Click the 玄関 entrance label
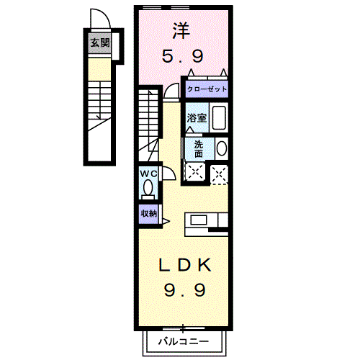pyautogui.click(x=100, y=43)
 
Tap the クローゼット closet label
pyautogui.click(x=207, y=89)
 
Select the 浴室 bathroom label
pyautogui.click(x=197, y=118)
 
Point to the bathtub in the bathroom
pyautogui.click(x=220, y=118)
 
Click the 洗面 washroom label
pyautogui.click(x=199, y=148)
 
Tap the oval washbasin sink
pyautogui.click(x=222, y=149)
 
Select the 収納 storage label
pyautogui.click(x=148, y=213)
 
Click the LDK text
pyautogui.click(x=185, y=265)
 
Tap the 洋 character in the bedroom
pyautogui.click(x=182, y=31)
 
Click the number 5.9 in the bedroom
pyautogui.click(x=182, y=55)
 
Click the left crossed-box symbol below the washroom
pyautogui.click(x=194, y=172)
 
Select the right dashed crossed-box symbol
pyautogui.click(x=220, y=172)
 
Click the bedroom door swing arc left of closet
pyautogui.click(x=171, y=90)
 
